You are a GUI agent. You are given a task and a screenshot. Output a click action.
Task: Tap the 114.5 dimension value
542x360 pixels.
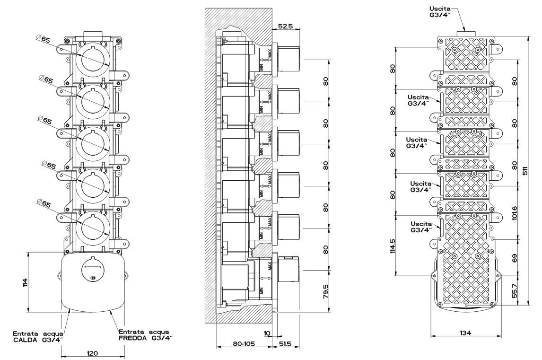[392, 246]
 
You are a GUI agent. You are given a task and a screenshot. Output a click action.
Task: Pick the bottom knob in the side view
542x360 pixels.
[289, 269]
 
